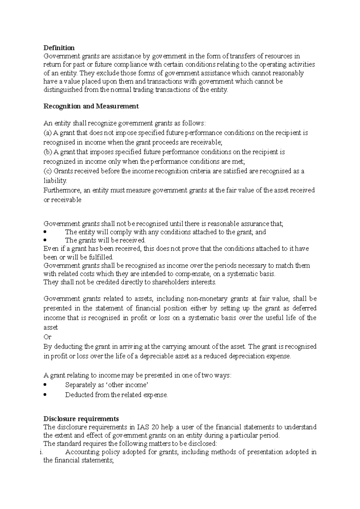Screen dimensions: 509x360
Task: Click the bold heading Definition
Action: tap(59, 48)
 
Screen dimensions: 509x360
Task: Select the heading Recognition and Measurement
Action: tap(91, 106)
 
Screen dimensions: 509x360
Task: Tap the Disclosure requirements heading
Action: tap(81, 419)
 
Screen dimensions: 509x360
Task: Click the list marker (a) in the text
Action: tap(48, 133)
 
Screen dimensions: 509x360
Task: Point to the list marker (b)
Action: tap(48, 152)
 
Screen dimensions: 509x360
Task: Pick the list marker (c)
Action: tap(47, 171)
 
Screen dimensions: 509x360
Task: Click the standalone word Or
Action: tap(47, 337)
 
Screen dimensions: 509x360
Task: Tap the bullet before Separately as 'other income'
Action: tap(45, 385)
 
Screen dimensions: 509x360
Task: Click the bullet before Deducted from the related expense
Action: tap(45, 395)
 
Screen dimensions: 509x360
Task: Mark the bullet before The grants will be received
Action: tap(45, 240)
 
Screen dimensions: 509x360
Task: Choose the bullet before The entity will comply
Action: tap(45, 232)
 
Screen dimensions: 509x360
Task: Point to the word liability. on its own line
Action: tap(55, 181)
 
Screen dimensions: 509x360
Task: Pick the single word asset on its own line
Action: tap(50, 328)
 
